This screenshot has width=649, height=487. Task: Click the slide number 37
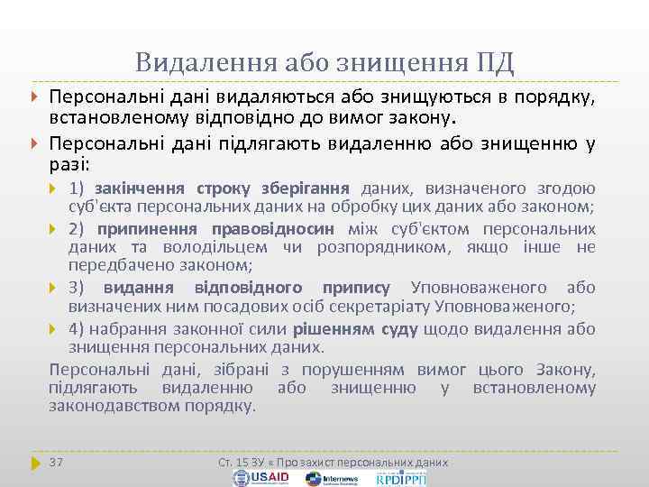pos(56,462)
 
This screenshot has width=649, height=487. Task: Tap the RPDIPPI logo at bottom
pos(402,477)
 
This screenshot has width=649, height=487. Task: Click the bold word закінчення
pos(138,188)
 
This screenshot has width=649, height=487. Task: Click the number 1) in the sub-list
pos(78,188)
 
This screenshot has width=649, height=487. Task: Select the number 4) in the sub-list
pos(78,329)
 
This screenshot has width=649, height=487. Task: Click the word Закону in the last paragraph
pos(566,369)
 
